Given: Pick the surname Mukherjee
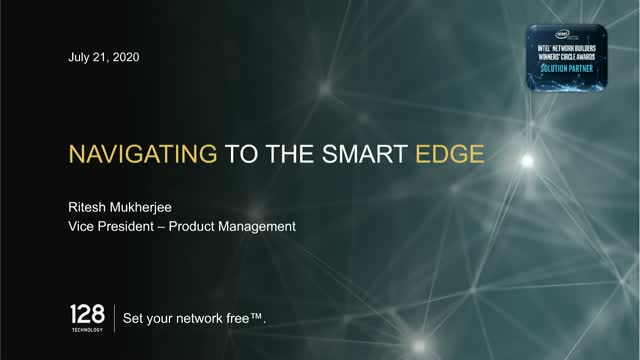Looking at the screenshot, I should coord(145,208).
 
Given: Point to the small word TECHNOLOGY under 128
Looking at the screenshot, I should coord(87,326).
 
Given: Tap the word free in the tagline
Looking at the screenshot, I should coord(245,321).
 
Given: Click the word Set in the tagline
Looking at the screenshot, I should coord(132,321).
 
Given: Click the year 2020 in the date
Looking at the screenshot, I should coord(123,57).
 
